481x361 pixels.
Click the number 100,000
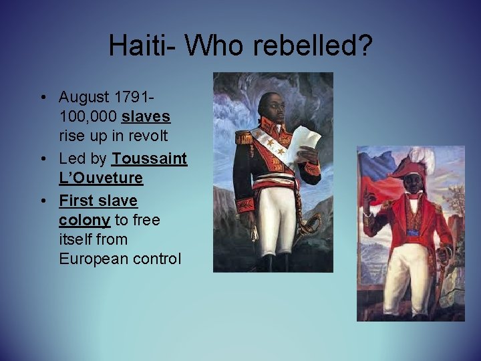click(88, 117)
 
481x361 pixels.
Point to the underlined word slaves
click(146, 117)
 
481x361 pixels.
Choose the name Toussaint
click(150, 159)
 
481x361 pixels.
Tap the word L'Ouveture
click(100, 179)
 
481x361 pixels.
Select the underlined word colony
click(84, 220)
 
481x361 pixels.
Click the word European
click(94, 259)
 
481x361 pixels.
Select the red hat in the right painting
click(408, 168)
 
